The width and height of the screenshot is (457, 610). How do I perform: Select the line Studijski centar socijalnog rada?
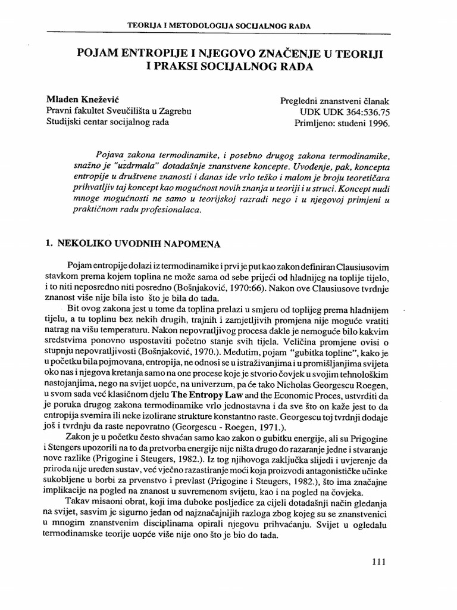[107, 123]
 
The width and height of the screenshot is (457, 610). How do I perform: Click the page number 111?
[379, 561]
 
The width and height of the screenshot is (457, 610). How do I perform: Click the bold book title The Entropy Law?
[206, 411]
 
